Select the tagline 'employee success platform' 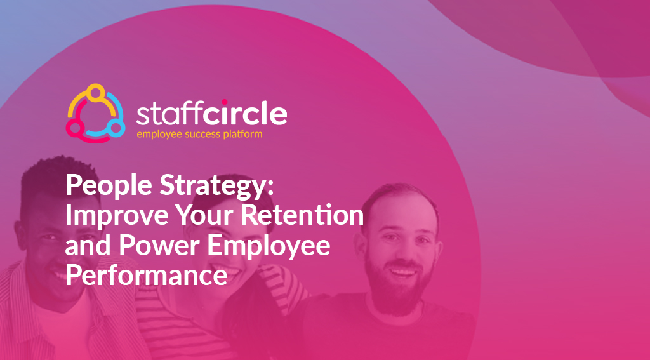pos(199,135)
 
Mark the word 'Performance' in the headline pos(146,276)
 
